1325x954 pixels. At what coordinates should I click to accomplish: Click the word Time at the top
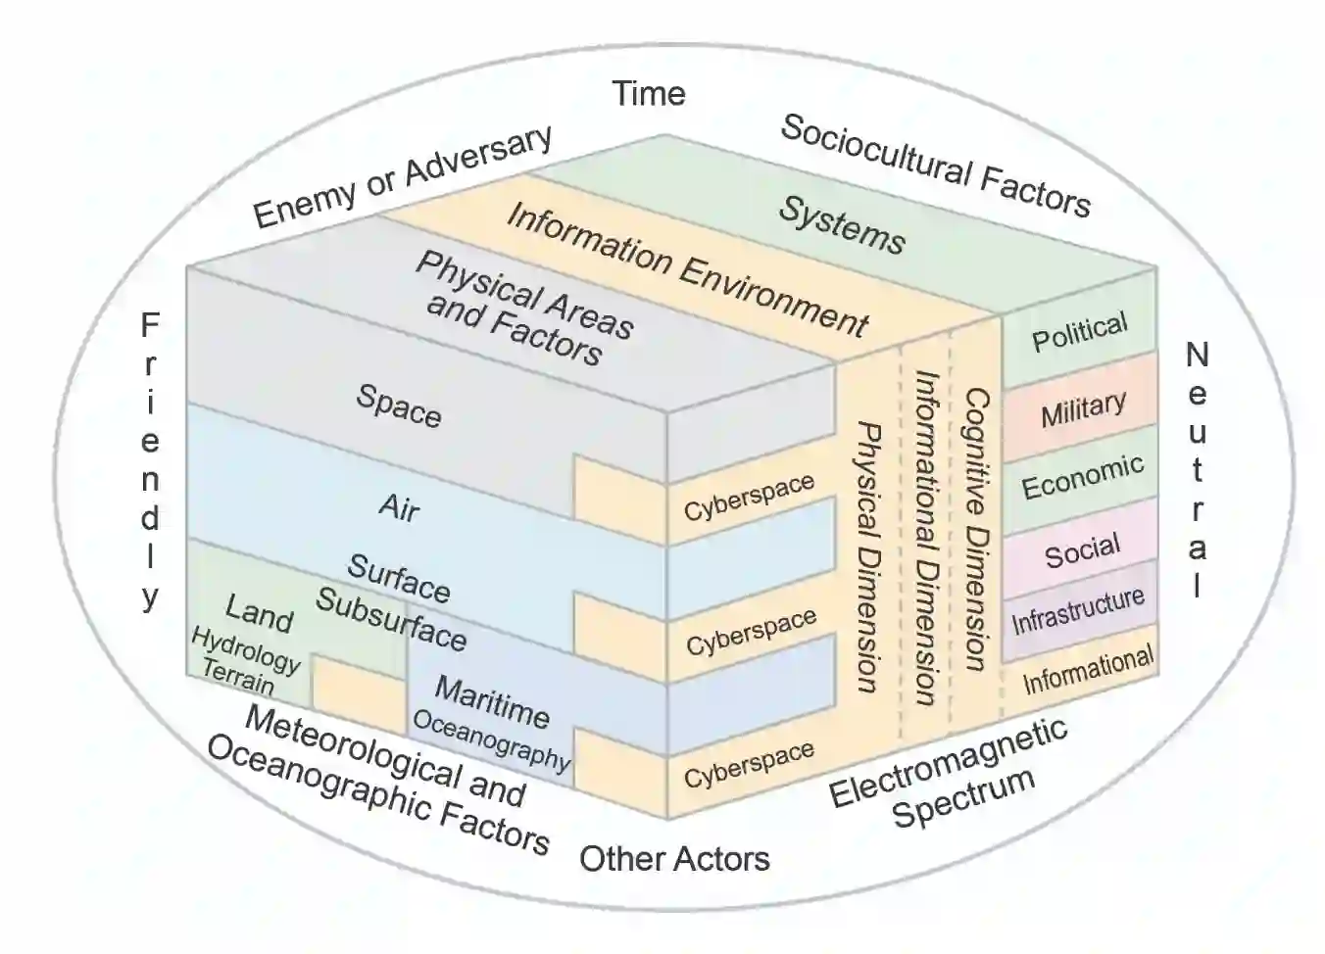click(x=648, y=94)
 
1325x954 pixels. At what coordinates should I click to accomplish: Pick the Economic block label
click(x=1082, y=477)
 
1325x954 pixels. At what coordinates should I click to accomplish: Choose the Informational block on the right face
click(x=1088, y=671)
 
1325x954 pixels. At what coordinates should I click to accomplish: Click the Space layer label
click(x=398, y=405)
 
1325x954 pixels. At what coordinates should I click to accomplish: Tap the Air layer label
click(x=399, y=506)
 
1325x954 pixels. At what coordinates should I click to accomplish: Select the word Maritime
click(x=491, y=701)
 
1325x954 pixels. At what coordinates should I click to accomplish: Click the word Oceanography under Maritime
click(x=490, y=738)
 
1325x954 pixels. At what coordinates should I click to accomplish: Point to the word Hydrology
click(x=245, y=650)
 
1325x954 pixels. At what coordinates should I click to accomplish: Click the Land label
click(x=259, y=613)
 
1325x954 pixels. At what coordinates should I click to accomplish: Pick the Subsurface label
click(x=390, y=620)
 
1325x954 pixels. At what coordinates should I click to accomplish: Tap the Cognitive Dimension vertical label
click(x=976, y=529)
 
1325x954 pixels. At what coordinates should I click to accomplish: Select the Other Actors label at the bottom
click(x=674, y=859)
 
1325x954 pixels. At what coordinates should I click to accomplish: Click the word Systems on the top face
click(x=842, y=225)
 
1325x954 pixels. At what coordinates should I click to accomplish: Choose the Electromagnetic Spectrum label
click(x=948, y=774)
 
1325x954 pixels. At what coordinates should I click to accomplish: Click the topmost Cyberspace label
click(x=749, y=497)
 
